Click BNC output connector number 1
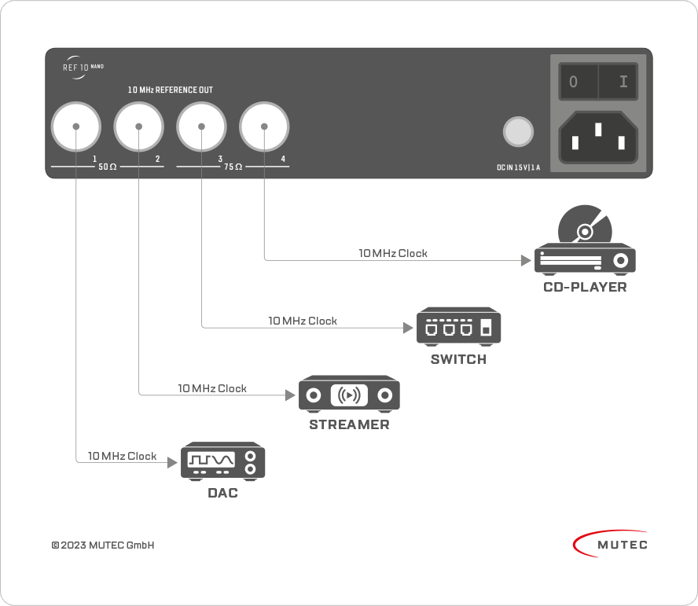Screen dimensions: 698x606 tap(76, 127)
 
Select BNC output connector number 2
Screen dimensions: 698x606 tap(139, 127)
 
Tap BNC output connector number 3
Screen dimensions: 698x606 tap(202, 127)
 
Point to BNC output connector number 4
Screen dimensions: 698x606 tap(264, 127)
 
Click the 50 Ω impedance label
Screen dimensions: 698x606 tap(107, 167)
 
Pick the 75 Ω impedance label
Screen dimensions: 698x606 tap(233, 167)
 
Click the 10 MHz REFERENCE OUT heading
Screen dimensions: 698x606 tap(171, 90)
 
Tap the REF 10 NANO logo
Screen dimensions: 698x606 tap(83, 68)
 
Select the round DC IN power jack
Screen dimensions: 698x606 tap(518, 132)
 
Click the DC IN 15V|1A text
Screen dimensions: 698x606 tap(518, 167)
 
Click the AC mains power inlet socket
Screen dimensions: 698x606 tap(598, 137)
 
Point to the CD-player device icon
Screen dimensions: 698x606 tap(585, 241)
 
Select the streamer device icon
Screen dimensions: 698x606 tap(349, 394)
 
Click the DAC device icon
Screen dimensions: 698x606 tap(222, 461)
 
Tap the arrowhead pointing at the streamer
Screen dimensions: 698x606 tap(290, 395)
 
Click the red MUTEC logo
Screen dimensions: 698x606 tap(610, 544)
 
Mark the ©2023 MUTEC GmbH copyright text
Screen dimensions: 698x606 tap(103, 545)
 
